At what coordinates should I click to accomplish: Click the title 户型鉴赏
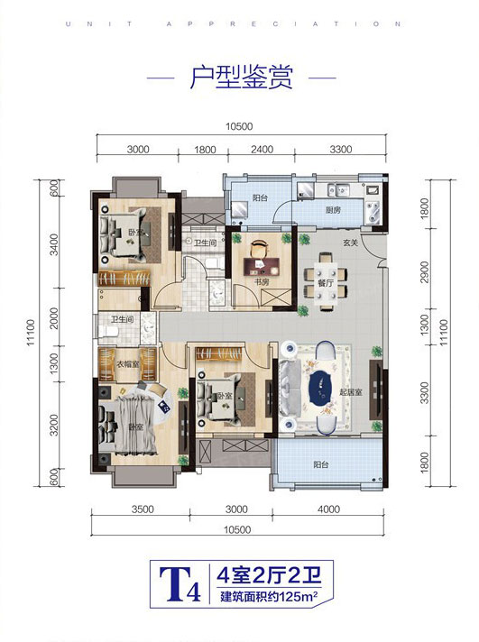click(241, 78)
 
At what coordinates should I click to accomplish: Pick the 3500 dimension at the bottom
click(142, 509)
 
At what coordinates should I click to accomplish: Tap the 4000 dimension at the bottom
click(328, 509)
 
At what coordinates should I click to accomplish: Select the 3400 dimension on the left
click(54, 244)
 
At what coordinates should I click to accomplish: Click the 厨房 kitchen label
click(332, 210)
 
